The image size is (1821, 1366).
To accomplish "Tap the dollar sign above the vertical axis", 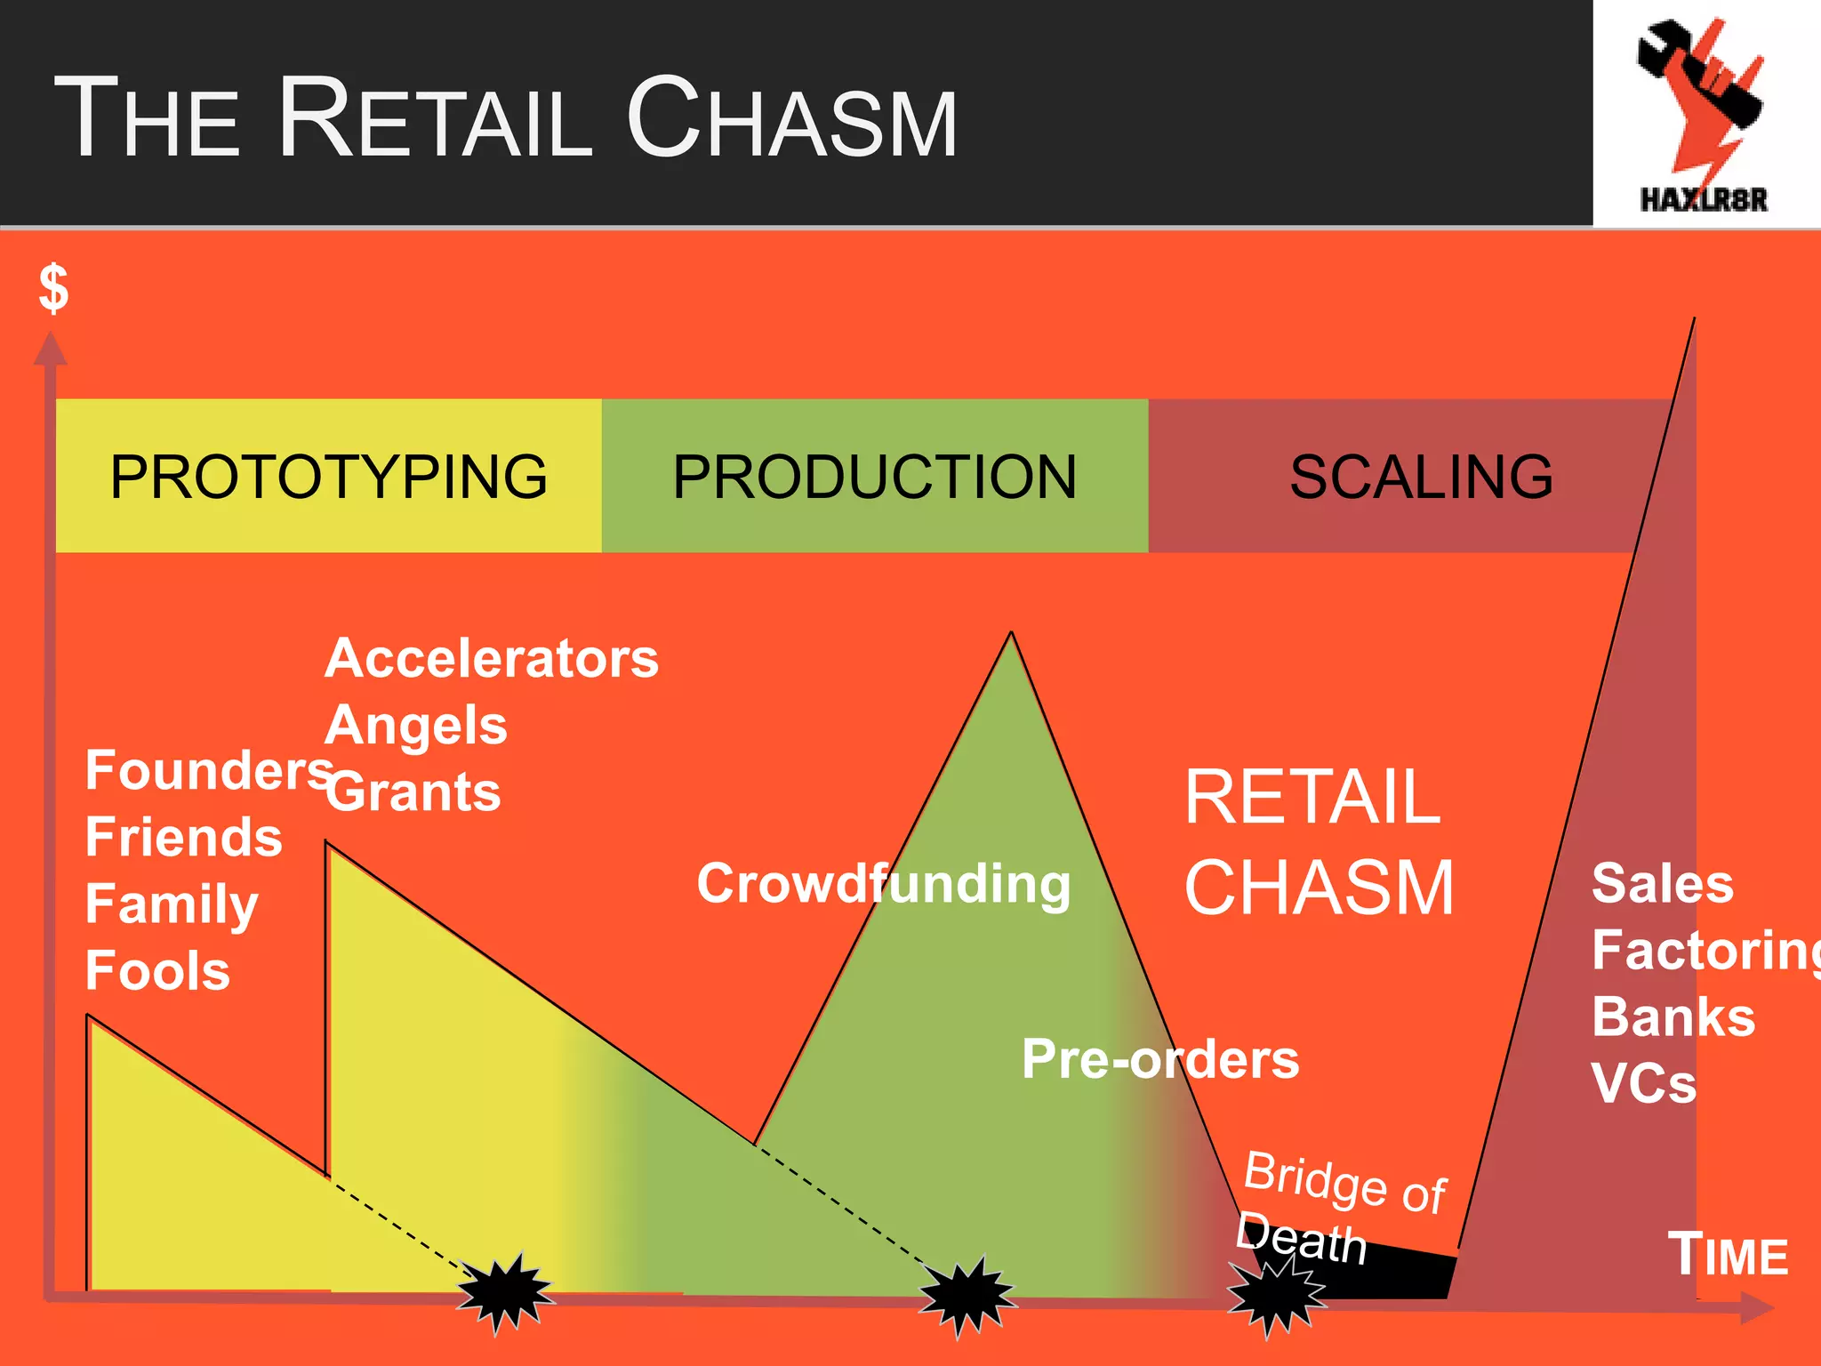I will pos(54,288).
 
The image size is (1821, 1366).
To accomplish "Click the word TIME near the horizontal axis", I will pos(1727,1255).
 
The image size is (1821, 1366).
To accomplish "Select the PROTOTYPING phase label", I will pos(328,477).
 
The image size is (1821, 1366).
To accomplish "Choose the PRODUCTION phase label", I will pos(874,477).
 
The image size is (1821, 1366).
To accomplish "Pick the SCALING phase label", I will pos(1421,477).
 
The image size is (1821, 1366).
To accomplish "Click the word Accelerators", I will pos(492,659).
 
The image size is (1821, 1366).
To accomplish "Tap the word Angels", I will pos(416,726).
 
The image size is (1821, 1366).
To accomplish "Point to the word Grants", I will pos(413,791).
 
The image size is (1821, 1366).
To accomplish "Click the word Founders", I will pos(208,770).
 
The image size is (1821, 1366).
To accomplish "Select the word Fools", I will pos(157,970).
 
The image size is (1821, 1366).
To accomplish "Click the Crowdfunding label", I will pos(884,884).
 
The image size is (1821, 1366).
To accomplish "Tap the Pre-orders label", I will pos(1160,1059).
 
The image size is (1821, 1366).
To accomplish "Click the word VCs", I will pos(1644,1083).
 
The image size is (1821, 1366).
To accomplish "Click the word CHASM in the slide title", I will pos(791,117).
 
